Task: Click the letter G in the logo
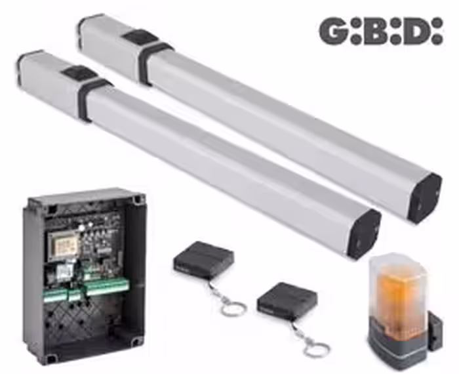pos(333,31)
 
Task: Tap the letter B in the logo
pos(377,31)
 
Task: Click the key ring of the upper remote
pos(233,308)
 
